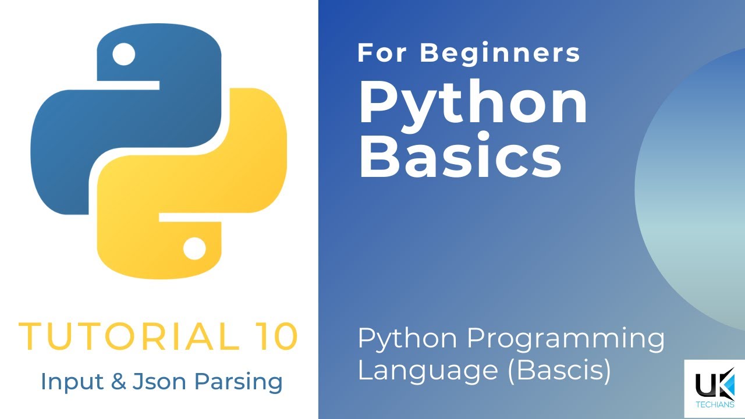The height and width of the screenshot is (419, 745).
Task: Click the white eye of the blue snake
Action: point(123,55)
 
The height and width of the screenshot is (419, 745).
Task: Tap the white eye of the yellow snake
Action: point(194,248)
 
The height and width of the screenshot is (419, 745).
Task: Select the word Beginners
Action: point(501,53)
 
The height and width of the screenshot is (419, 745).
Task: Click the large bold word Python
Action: point(473,104)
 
